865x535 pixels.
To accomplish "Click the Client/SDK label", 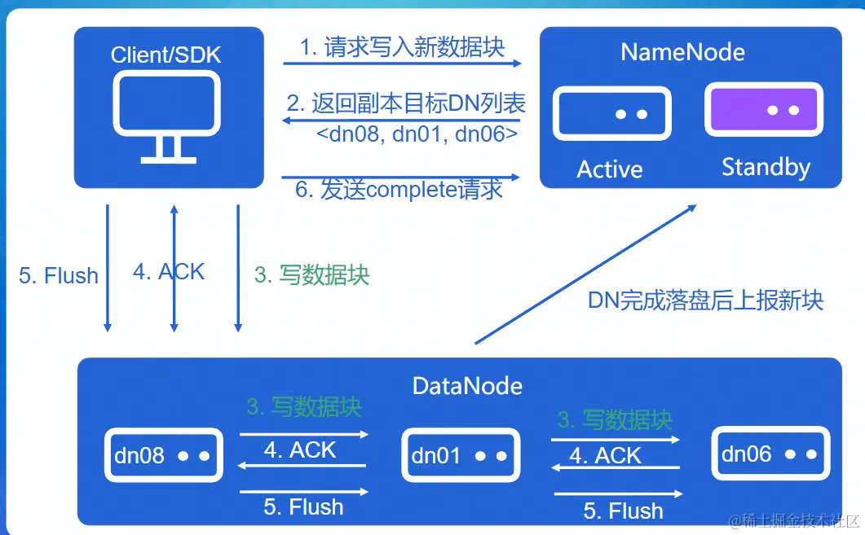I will [x=166, y=55].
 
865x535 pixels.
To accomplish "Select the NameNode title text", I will [x=682, y=52].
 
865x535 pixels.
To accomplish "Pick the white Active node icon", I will [x=611, y=114].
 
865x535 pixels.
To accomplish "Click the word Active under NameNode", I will [x=610, y=169].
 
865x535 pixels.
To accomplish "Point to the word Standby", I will [x=766, y=168].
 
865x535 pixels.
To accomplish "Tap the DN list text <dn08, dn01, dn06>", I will [x=417, y=134].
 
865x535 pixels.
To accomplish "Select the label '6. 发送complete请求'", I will [x=399, y=190].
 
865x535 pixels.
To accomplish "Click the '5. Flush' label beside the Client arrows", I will [x=59, y=276].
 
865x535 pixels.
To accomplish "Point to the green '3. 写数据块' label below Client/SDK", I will [x=312, y=275].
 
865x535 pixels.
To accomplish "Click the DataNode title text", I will [x=467, y=385].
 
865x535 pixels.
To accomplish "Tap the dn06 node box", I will [x=770, y=454].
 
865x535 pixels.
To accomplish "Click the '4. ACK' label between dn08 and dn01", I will [x=300, y=450].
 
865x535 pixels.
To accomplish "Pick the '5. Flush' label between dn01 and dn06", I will [x=624, y=511].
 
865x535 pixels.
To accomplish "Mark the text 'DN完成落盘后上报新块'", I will [x=706, y=300].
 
